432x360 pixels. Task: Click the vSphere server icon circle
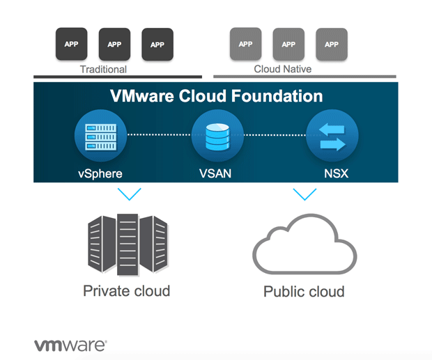click(x=100, y=136)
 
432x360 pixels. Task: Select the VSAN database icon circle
click(x=217, y=136)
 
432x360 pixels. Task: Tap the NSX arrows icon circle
click(x=332, y=136)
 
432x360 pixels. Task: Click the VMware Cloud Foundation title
click(x=216, y=96)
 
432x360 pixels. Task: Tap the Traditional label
click(x=103, y=70)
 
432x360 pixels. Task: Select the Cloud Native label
click(x=283, y=70)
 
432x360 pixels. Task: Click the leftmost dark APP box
click(x=71, y=44)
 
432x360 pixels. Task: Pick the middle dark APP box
click(x=114, y=44)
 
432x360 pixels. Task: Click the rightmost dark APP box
click(x=157, y=44)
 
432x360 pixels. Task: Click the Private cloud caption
click(x=126, y=290)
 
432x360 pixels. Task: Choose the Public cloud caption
click(x=304, y=291)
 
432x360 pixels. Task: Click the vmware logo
click(x=70, y=345)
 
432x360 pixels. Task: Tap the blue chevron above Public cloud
click(x=304, y=194)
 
